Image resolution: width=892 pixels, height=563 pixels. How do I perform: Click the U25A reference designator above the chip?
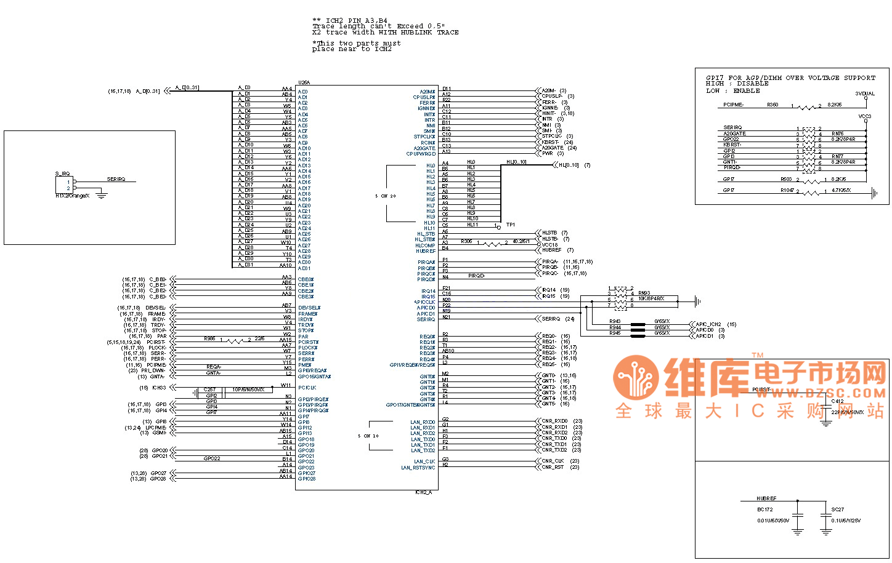pos(304,82)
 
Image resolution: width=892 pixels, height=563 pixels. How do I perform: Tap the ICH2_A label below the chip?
pos(423,492)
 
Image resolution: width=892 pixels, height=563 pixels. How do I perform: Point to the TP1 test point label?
pos(511,225)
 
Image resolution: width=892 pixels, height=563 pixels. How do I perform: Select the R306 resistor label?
pos(466,241)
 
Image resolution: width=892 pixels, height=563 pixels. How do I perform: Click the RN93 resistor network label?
pos(644,293)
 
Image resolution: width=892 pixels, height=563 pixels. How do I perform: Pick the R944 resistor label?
pos(615,327)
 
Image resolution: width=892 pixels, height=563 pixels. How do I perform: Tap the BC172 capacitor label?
pos(764,509)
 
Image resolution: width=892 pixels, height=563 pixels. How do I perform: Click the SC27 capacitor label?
pos(837,509)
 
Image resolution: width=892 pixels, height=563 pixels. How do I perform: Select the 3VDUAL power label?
pos(864,94)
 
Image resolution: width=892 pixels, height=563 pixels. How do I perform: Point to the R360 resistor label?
pos(772,105)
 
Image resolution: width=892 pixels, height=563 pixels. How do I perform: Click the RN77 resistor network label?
pos(837,156)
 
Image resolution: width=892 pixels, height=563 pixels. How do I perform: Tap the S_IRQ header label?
pos(62,174)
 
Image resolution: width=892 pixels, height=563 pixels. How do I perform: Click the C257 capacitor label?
pos(210,389)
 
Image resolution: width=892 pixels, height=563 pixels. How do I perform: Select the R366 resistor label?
pos(209,338)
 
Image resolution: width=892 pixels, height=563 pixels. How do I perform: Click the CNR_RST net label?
pos(553,467)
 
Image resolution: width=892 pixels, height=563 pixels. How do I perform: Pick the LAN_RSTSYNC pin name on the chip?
pos(418,468)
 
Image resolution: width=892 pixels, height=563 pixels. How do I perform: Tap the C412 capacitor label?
pos(837,401)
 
